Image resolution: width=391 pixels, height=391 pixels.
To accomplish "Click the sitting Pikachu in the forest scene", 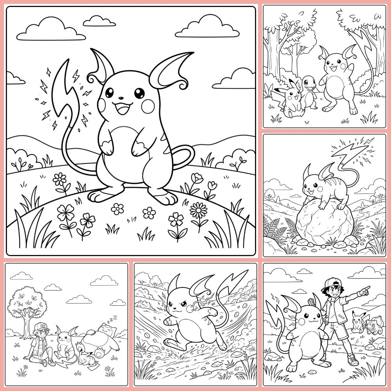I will point(291,100).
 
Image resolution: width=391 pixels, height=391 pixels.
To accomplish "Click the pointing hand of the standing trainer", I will point(365,290).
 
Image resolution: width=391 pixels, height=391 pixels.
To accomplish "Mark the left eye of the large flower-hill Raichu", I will point(110,93).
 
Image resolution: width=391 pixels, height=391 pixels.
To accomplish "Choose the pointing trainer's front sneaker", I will point(353,360).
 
